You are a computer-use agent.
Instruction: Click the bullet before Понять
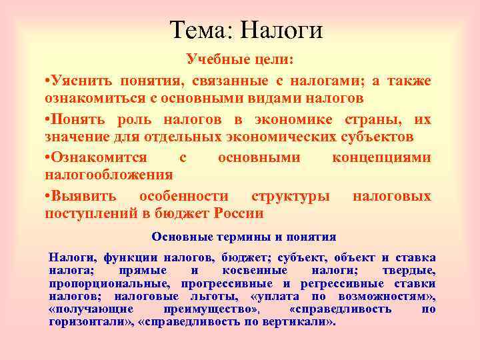pyautogui.click(x=47, y=120)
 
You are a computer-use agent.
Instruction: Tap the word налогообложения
pyautogui.click(x=109, y=175)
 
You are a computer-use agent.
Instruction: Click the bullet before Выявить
pyautogui.click(x=47, y=197)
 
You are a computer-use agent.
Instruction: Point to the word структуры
pyautogui.click(x=290, y=197)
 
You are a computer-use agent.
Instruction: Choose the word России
pyautogui.click(x=239, y=213)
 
